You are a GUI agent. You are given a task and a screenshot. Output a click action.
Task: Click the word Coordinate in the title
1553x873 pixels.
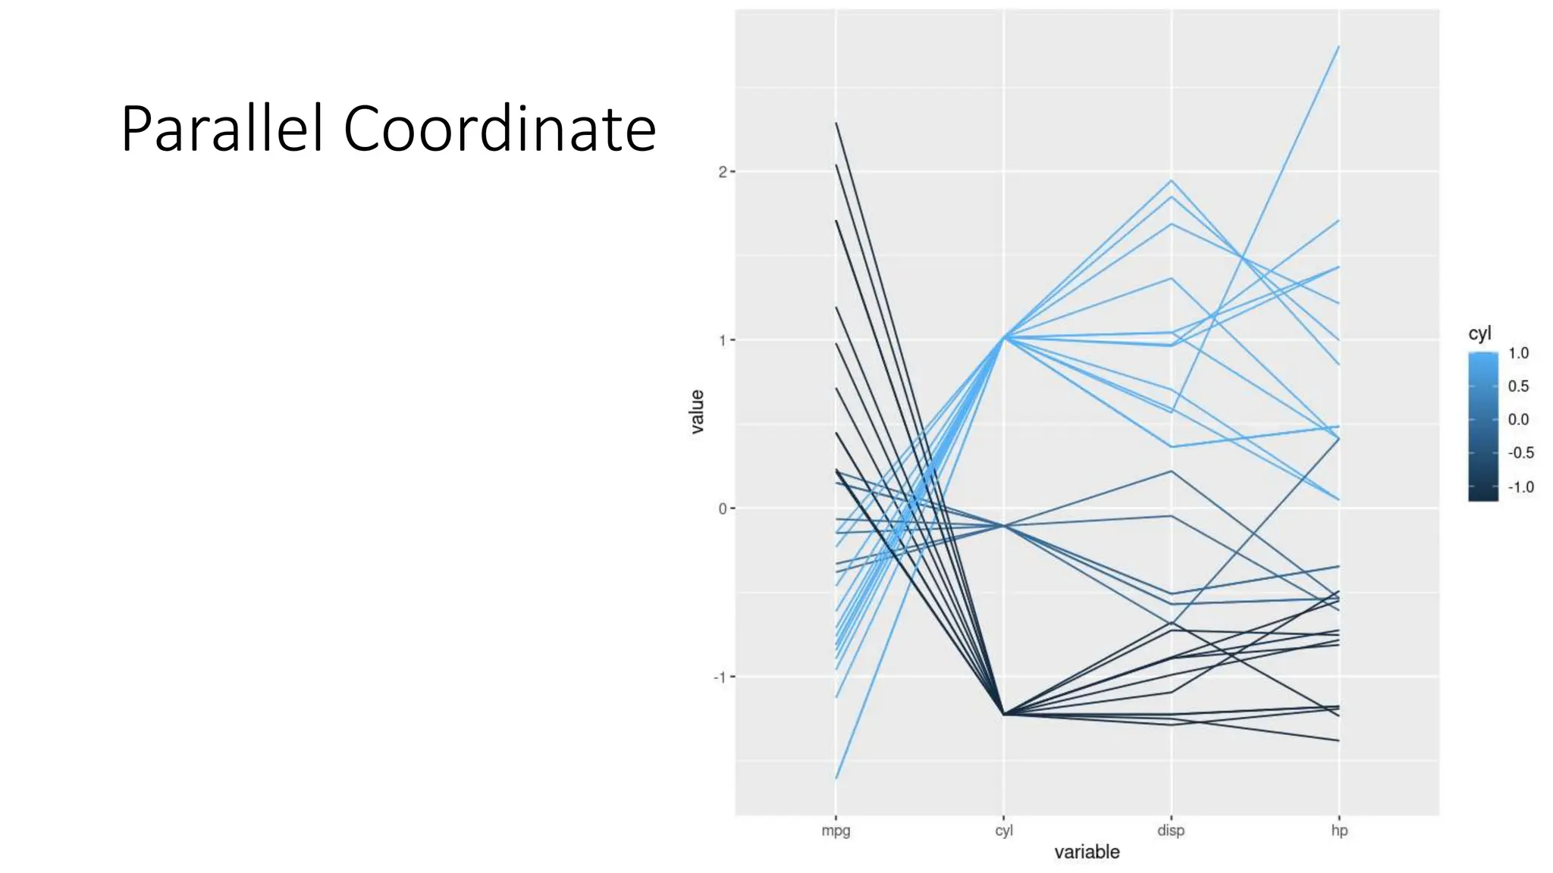(500, 129)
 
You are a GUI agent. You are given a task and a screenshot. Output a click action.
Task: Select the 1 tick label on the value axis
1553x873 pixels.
(723, 340)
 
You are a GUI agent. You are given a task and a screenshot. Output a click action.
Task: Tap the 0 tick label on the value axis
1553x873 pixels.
(723, 508)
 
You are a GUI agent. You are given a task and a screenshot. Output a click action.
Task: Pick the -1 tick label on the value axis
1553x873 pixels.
(720, 677)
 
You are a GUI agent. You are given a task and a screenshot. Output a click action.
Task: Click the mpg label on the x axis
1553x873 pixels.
(836, 831)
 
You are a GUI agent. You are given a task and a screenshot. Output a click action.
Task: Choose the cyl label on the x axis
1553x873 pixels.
(1003, 831)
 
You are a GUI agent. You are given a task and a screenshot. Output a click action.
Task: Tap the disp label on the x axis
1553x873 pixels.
(1171, 831)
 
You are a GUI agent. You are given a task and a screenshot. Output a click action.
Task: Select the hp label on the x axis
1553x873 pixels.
(1339, 831)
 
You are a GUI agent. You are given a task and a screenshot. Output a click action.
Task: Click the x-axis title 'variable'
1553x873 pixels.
(1087, 852)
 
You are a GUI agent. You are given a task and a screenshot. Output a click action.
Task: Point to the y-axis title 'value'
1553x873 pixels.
(697, 411)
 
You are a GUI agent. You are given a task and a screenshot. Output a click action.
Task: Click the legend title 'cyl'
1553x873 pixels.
(1479, 333)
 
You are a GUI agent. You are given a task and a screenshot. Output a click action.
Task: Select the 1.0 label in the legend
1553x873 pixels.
(1518, 353)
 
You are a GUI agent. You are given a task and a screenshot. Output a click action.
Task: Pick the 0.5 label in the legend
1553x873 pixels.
(1518, 386)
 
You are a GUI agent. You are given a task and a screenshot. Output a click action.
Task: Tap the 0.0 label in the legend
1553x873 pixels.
(1518, 420)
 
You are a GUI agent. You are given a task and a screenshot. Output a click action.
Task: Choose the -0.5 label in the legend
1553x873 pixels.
(1520, 453)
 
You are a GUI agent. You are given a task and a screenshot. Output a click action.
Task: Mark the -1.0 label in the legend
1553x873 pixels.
(1520, 487)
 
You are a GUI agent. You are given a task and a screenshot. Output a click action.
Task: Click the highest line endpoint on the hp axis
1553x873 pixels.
(1338, 47)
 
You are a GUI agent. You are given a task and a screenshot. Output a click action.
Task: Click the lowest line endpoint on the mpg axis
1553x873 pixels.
(836, 778)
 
